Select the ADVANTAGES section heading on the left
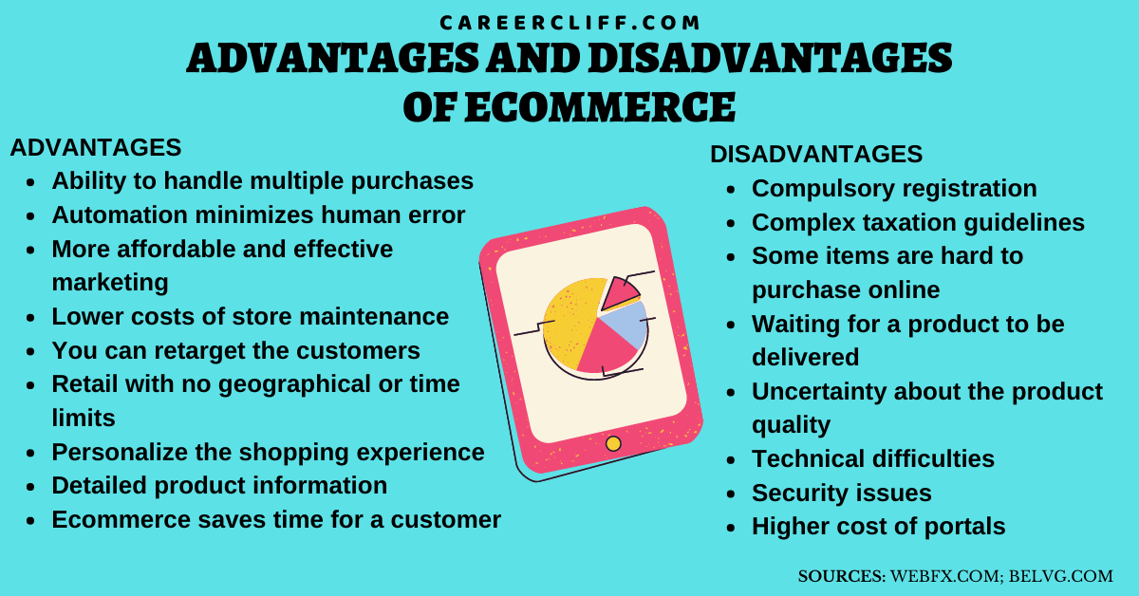(x=95, y=148)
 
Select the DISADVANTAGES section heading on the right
(x=816, y=155)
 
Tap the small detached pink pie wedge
(x=620, y=293)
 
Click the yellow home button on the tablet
(x=613, y=443)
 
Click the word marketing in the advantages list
(x=110, y=282)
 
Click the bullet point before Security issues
(x=731, y=494)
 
